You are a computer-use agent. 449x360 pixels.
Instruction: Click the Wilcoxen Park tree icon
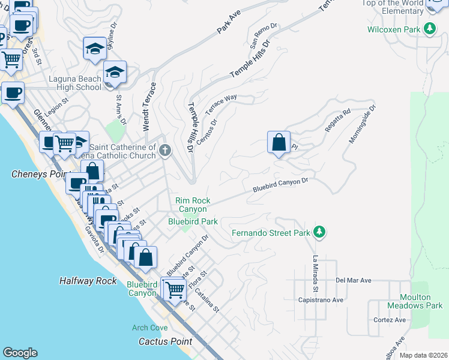(x=430, y=28)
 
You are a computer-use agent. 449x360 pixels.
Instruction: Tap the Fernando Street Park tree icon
(x=319, y=232)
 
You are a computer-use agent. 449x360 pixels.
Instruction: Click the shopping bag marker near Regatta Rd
(x=279, y=143)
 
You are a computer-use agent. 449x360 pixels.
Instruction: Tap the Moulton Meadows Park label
(x=421, y=301)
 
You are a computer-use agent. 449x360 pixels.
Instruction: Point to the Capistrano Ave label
(x=321, y=300)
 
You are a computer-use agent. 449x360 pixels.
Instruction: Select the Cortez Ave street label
(x=390, y=320)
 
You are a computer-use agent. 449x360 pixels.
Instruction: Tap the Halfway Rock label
(x=88, y=281)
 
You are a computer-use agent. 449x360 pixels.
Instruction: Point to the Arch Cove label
(x=150, y=328)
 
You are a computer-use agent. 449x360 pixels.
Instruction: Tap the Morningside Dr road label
(x=363, y=125)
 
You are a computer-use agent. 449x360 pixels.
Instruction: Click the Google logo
(x=20, y=353)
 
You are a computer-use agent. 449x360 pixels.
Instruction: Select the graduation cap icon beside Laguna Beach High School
(x=115, y=73)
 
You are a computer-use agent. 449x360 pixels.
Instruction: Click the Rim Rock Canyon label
(x=191, y=205)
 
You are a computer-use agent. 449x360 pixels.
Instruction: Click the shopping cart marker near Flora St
(x=174, y=289)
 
